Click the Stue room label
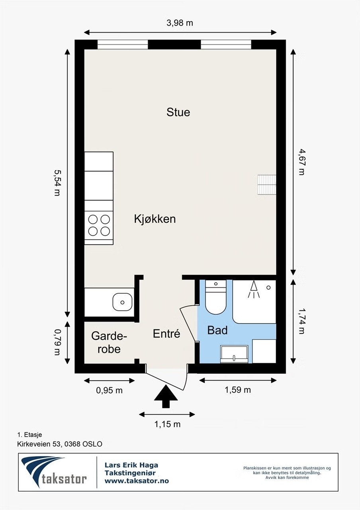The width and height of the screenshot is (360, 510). tap(178, 112)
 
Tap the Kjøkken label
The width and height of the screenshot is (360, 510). tap(155, 219)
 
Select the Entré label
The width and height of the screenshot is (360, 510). tap(166, 334)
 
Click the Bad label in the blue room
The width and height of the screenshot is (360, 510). tap(217, 330)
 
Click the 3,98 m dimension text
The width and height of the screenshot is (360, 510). tap(180, 23)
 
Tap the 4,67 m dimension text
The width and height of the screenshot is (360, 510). tap(301, 162)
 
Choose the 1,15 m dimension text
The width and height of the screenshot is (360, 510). tap(167, 424)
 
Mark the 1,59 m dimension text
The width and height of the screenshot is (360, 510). tap(238, 390)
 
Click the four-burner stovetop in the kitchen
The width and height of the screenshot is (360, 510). tap(99, 225)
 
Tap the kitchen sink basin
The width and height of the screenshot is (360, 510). tap(122, 302)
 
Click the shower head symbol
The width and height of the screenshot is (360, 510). tap(253, 289)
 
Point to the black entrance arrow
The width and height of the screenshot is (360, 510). tap(166, 396)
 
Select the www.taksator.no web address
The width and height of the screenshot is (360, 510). tap(136, 481)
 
